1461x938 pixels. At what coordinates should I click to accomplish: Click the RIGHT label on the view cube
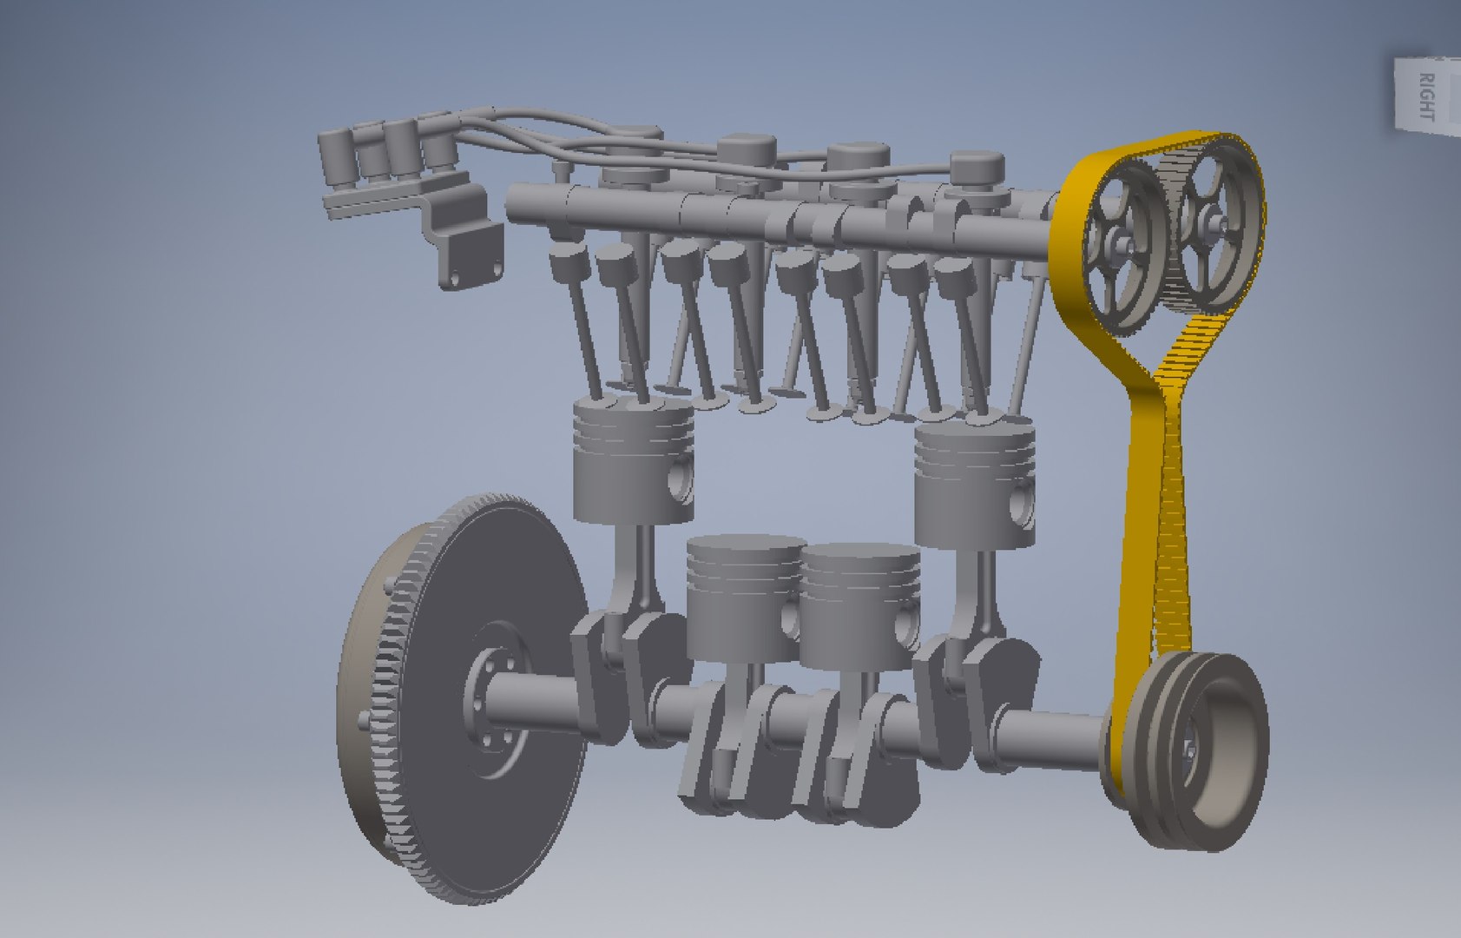(1425, 96)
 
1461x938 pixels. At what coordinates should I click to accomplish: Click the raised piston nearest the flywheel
(632, 460)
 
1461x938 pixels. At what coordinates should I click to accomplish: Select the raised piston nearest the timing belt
(974, 482)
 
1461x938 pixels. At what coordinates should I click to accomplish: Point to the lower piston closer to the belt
(859, 608)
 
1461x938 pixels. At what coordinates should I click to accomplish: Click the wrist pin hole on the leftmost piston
(680, 477)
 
